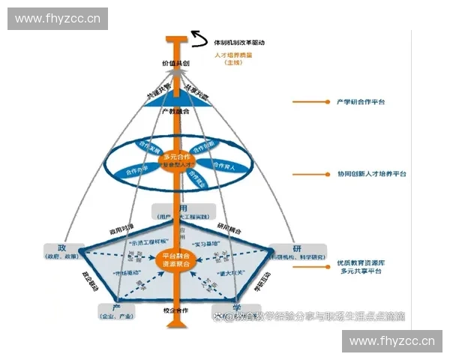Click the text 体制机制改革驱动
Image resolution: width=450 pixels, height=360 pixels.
coord(239,43)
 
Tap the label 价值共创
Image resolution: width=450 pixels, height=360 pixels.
coord(175,65)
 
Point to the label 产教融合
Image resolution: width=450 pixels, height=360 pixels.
coord(175,111)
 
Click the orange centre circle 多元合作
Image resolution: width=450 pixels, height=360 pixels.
coord(177,159)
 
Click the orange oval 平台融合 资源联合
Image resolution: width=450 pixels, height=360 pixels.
coord(177,260)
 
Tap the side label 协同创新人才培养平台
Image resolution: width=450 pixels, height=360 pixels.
coord(371,173)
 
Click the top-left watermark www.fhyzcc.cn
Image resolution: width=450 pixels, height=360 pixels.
coord(57,18)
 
